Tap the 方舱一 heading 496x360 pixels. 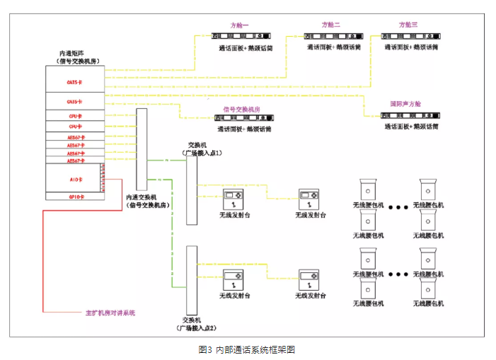click(x=241, y=25)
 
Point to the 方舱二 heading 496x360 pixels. click(x=330, y=25)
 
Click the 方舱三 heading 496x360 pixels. click(x=408, y=25)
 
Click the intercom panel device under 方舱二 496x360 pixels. click(x=332, y=35)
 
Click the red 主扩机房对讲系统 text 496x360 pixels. click(x=109, y=312)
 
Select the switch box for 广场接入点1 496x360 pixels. click(x=191, y=190)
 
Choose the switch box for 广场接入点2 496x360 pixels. click(x=191, y=280)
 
